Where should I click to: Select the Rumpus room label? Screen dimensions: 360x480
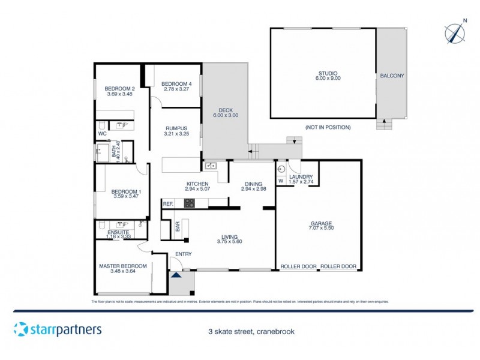[x=176, y=128]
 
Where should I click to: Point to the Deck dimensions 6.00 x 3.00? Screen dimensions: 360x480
[x=226, y=115]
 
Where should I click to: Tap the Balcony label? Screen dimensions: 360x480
[x=392, y=76]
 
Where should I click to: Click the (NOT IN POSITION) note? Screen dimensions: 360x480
[x=328, y=127]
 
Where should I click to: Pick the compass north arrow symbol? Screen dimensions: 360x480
[x=456, y=32]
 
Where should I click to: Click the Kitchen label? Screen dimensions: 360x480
[x=197, y=184]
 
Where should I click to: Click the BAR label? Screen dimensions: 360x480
[x=178, y=227]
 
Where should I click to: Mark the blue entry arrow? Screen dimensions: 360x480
[x=176, y=275]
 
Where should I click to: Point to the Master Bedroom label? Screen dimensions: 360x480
[x=123, y=266]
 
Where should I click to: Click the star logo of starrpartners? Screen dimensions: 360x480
[x=21, y=329]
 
